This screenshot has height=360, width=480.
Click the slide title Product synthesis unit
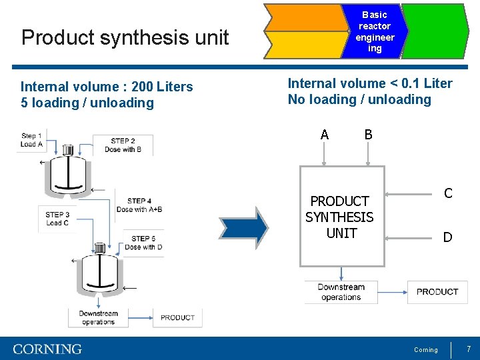(x=125, y=37)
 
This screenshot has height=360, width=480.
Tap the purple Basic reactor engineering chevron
(x=375, y=31)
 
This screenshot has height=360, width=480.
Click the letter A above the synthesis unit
(x=324, y=135)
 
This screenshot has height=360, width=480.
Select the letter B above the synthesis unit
(x=368, y=135)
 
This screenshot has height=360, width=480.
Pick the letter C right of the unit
(x=448, y=193)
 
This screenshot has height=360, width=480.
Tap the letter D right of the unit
(x=448, y=237)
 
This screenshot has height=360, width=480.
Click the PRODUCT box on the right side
(x=437, y=292)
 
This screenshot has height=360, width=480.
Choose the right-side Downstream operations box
(x=341, y=292)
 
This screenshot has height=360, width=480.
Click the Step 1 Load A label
(x=31, y=140)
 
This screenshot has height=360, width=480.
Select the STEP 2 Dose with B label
(x=123, y=145)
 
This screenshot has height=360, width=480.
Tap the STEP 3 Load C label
(x=57, y=219)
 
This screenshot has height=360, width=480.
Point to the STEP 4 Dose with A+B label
(x=139, y=205)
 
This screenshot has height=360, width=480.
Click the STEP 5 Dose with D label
(x=143, y=243)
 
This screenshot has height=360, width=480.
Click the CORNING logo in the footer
(x=47, y=349)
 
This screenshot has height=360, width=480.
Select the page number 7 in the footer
(x=469, y=349)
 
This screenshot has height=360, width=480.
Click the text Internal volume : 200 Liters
(x=107, y=87)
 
